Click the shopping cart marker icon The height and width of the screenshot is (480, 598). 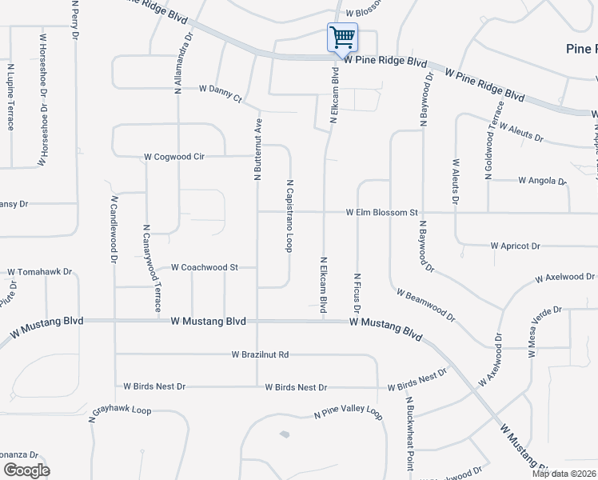click(x=342, y=37)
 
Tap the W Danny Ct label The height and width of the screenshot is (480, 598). click(x=220, y=93)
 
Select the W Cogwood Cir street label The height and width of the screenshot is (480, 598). click(x=174, y=157)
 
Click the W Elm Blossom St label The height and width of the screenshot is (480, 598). click(x=382, y=213)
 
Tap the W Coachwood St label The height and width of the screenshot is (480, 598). click(x=205, y=267)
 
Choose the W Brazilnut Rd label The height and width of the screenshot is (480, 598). click(x=260, y=354)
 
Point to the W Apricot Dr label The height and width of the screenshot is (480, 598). click(x=516, y=246)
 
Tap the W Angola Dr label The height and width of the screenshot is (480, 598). click(x=542, y=181)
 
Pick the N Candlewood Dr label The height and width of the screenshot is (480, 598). click(x=114, y=230)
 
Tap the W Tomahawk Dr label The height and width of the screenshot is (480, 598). click(x=40, y=272)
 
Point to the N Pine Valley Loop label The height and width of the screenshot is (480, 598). click(x=348, y=411)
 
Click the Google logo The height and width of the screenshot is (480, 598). click(x=26, y=470)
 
